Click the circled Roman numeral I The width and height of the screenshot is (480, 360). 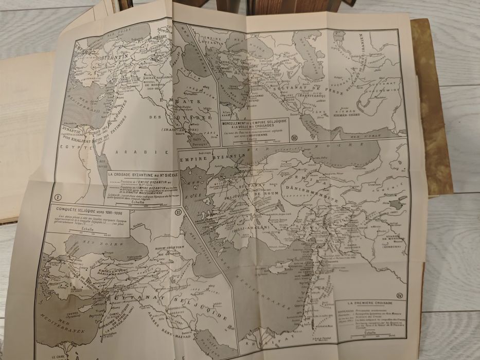58,196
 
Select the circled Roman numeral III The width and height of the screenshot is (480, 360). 294,137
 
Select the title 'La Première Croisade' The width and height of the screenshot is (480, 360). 367,304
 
